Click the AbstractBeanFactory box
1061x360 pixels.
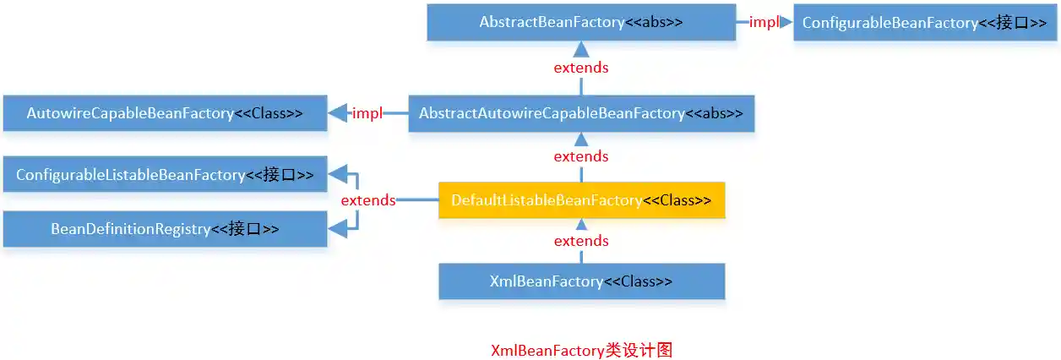tap(581, 22)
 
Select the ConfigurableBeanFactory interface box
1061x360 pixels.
tap(926, 23)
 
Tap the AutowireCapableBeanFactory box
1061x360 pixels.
tap(165, 113)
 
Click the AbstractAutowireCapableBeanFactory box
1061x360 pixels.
tap(581, 113)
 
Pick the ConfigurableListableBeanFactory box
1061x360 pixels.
tap(165, 175)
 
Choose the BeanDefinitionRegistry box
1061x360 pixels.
tap(165, 228)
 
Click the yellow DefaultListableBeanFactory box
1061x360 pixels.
tap(581, 200)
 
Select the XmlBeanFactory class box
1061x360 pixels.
tap(581, 281)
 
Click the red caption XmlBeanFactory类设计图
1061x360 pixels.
tap(581, 350)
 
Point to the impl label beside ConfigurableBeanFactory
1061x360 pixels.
tap(764, 23)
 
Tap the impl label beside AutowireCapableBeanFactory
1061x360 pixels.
tap(367, 113)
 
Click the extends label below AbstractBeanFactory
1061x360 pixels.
tap(581, 68)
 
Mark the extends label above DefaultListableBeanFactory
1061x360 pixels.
tap(581, 156)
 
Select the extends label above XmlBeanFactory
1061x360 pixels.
tap(581, 241)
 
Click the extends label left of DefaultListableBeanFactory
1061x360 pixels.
tap(367, 200)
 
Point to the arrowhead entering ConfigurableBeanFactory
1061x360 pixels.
tap(786, 23)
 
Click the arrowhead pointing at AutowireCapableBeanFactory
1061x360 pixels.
tap(337, 113)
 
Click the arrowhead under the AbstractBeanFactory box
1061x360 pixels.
tap(581, 48)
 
